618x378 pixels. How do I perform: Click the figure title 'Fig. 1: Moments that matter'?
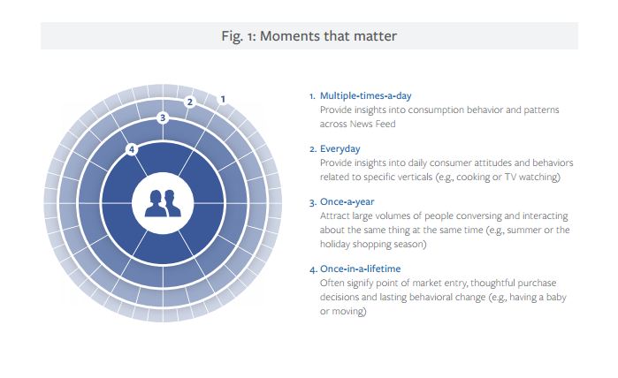(x=309, y=36)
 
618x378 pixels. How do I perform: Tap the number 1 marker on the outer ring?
(x=223, y=99)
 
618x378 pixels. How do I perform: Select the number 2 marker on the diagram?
(x=190, y=102)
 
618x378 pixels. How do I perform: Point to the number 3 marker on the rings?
(x=163, y=117)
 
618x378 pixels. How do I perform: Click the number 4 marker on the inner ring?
(x=132, y=149)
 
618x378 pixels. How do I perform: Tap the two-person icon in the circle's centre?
(x=163, y=203)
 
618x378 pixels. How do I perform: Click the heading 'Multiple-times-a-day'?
(x=366, y=95)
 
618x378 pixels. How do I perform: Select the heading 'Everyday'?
(x=340, y=149)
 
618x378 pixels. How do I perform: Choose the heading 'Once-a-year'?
(x=347, y=201)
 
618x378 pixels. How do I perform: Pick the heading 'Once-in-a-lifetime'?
(x=360, y=268)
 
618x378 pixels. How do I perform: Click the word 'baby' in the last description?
(x=556, y=297)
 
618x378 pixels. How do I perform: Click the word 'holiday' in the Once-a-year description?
(x=334, y=244)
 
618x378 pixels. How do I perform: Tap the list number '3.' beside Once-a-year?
(x=313, y=202)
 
